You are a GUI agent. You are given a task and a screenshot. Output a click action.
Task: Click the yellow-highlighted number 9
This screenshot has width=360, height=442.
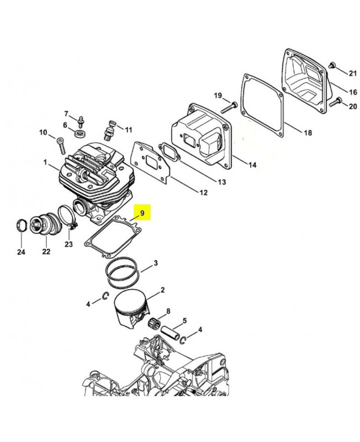[142, 213]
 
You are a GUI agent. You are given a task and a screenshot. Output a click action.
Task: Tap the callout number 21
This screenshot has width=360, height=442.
[353, 73]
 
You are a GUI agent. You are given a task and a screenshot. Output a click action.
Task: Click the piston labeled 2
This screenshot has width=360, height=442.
[131, 309]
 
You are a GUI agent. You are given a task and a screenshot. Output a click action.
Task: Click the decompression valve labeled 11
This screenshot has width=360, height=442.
[109, 130]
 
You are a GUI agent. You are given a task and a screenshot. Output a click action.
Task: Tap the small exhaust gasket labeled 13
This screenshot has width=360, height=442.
[170, 154]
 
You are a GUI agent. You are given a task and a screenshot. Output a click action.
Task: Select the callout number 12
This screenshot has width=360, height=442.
[203, 192]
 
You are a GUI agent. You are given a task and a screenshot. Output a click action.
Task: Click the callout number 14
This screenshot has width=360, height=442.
[252, 165]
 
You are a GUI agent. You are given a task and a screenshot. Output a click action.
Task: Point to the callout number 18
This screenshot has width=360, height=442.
[308, 132]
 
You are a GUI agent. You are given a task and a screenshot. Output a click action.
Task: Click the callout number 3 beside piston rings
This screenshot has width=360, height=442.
[155, 263]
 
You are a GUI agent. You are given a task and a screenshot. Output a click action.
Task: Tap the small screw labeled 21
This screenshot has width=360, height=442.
[331, 65]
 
